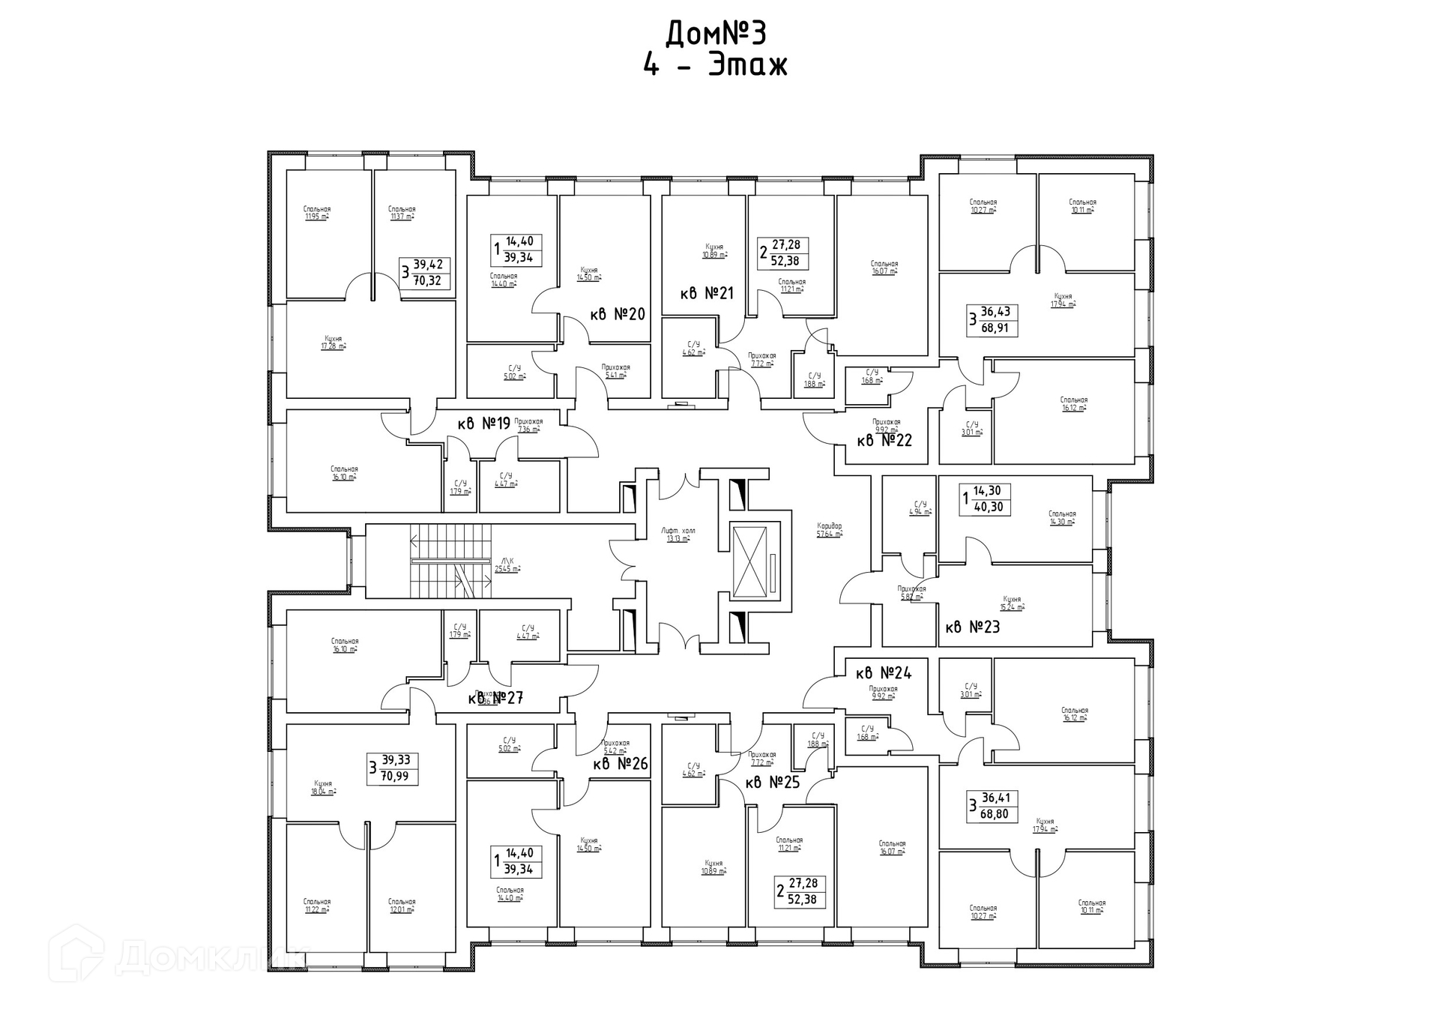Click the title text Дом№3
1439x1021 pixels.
(716, 34)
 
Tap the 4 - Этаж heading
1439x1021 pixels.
(716, 66)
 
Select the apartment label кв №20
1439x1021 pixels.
(618, 314)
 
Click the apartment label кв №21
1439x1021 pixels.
(707, 293)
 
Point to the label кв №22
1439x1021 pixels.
(884, 440)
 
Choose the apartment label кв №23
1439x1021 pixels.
(973, 627)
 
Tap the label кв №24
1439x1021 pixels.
(884, 672)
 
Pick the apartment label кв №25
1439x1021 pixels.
(773, 783)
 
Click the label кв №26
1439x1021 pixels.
(621, 764)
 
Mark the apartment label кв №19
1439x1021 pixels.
(483, 424)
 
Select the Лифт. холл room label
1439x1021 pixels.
(678, 534)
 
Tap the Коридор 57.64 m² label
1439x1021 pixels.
(830, 530)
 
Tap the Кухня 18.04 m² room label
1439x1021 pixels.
(324, 787)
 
